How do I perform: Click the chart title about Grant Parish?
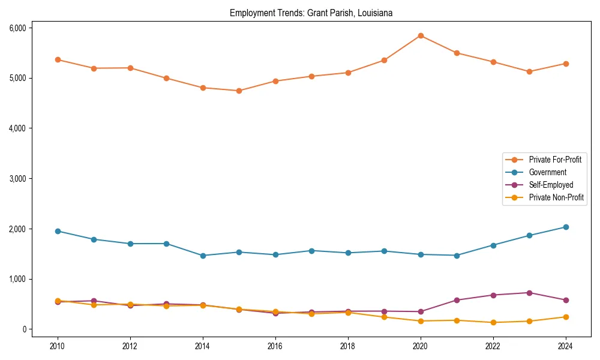(311, 13)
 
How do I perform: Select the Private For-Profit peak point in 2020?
(421, 35)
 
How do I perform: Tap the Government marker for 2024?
(566, 227)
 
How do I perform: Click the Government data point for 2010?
(58, 231)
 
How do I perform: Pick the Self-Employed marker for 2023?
(529, 293)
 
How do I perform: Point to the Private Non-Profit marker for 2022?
(493, 322)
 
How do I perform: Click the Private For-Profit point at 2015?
(239, 91)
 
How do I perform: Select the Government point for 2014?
(203, 256)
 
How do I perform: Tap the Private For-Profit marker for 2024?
(566, 64)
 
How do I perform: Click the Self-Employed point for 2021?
(457, 300)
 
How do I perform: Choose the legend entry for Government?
(547, 172)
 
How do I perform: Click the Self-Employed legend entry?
(551, 185)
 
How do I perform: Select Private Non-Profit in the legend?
(556, 197)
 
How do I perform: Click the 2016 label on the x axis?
(275, 346)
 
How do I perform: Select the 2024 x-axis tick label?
(566, 346)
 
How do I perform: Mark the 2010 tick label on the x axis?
(58, 346)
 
